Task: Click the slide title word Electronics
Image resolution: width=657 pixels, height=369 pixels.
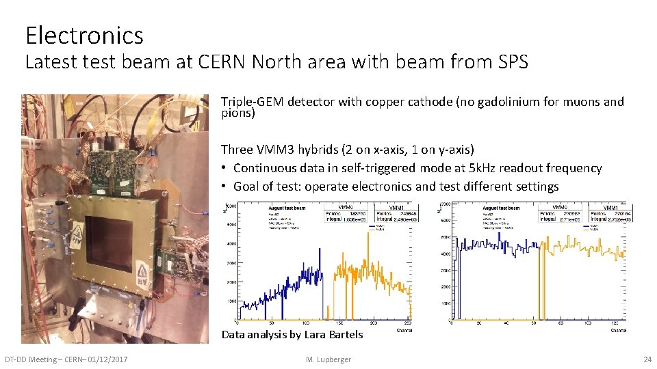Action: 84,35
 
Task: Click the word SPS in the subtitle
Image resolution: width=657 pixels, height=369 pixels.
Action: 511,63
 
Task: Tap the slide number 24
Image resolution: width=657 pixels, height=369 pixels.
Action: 646,359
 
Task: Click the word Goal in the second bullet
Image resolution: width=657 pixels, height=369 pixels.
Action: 247,187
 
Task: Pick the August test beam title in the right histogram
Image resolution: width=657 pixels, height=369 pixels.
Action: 501,208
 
